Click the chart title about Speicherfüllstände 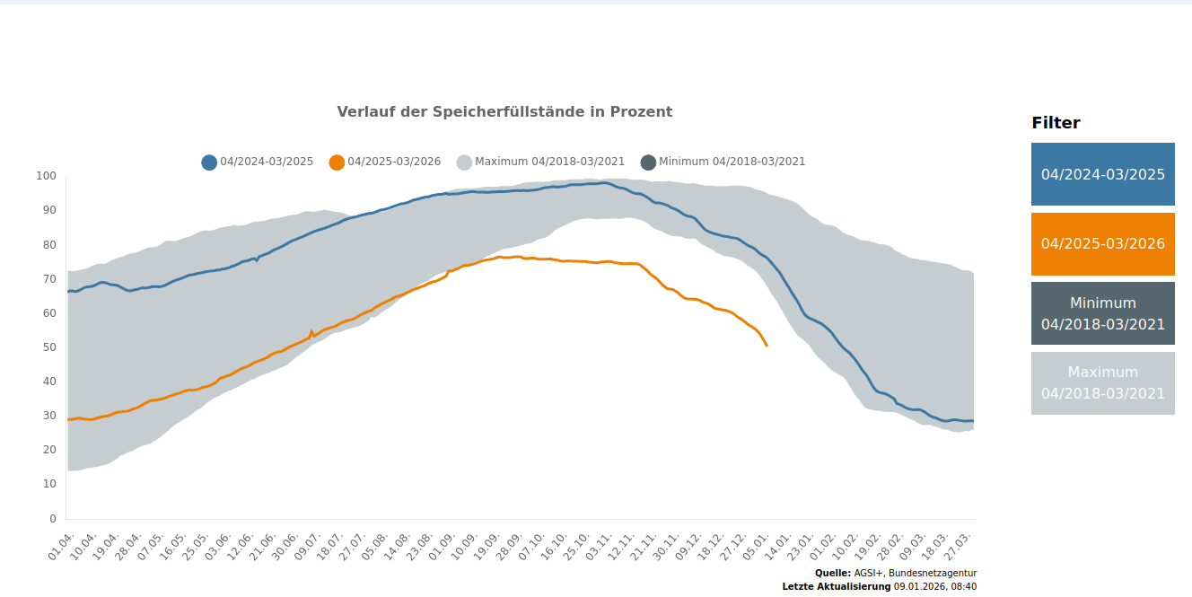[x=504, y=112]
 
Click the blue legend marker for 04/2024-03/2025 [x=209, y=162]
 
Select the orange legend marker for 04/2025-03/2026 [x=337, y=162]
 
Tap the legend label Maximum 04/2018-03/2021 [x=549, y=162]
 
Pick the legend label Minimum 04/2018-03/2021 [x=732, y=162]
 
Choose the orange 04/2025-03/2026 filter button [x=1102, y=244]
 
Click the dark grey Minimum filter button [x=1102, y=313]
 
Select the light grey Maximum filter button [x=1102, y=383]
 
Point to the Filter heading [x=1056, y=124]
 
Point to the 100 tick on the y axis [x=46, y=176]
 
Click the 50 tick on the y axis [x=49, y=347]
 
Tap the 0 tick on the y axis [x=52, y=518]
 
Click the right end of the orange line [x=767, y=346]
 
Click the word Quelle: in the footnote [x=832, y=573]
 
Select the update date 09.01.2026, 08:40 [x=934, y=586]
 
